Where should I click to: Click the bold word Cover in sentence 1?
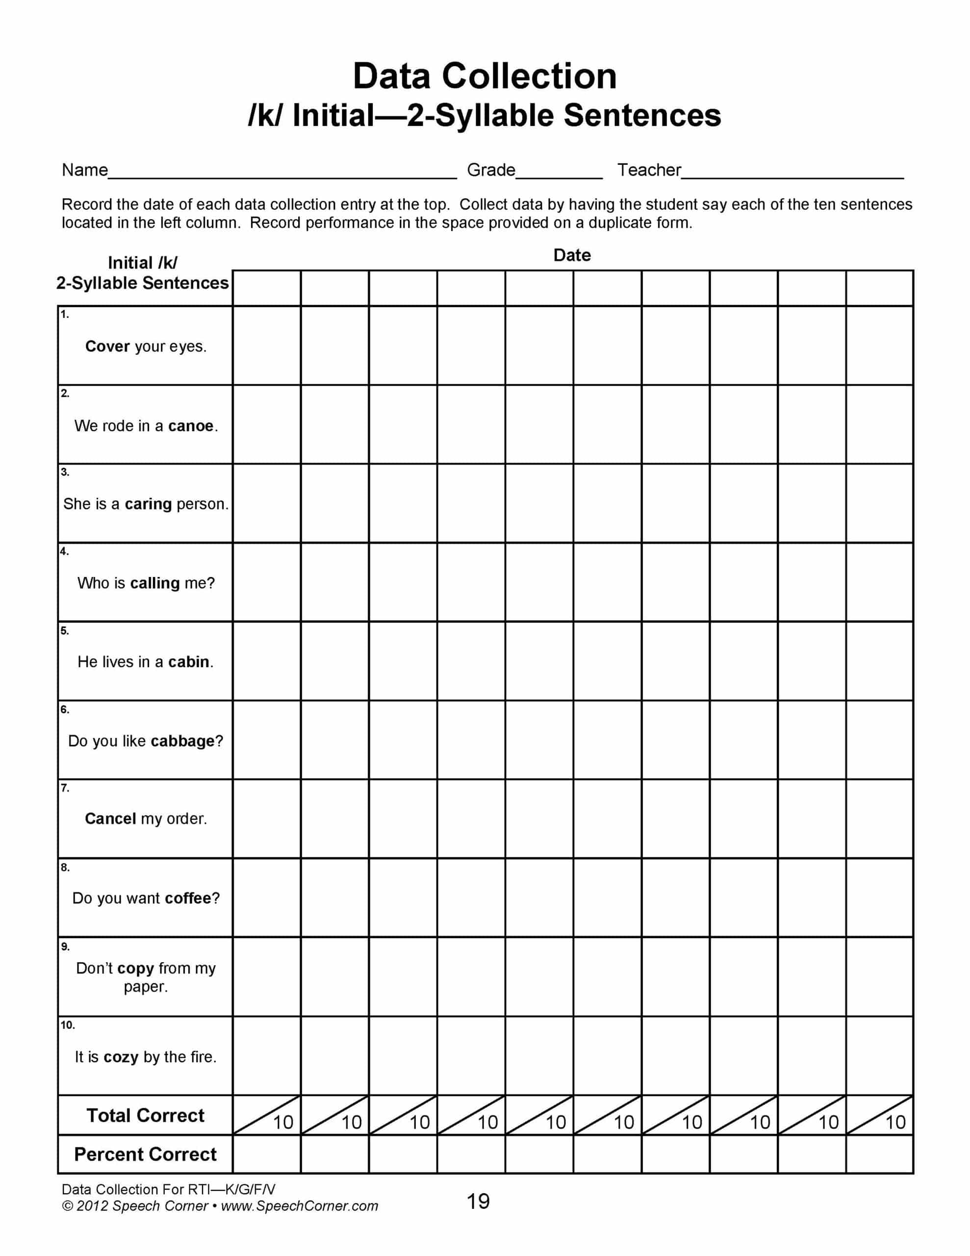[107, 346]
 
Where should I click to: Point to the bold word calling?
[154, 583]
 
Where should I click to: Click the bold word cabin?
[189, 662]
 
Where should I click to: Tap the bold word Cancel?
[110, 819]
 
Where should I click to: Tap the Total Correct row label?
[146, 1116]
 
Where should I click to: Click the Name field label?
[84, 170]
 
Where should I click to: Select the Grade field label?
[490, 170]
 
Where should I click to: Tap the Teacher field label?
[649, 170]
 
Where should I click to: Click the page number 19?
[478, 1202]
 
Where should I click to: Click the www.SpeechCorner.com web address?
[299, 1206]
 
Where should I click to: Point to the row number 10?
[67, 1025]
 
